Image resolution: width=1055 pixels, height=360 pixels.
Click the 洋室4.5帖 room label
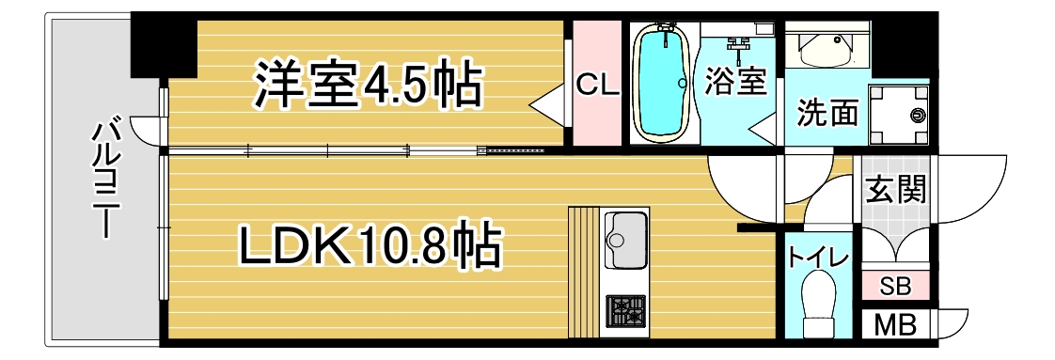pyautogui.click(x=368, y=86)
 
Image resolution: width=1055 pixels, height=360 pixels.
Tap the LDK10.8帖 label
pyautogui.click(x=370, y=247)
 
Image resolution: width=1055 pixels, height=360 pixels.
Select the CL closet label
pyautogui.click(x=597, y=86)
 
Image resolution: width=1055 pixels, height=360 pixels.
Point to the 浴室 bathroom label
pyautogui.click(x=735, y=83)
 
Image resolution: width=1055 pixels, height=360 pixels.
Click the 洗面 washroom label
pyautogui.click(x=828, y=113)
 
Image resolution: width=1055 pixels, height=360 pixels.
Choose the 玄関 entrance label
pyautogui.click(x=895, y=190)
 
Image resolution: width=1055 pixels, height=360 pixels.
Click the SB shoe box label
pyautogui.click(x=895, y=288)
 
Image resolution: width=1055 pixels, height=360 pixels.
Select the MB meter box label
pyautogui.click(x=895, y=326)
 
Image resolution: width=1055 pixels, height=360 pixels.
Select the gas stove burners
pyautogui.click(x=625, y=311)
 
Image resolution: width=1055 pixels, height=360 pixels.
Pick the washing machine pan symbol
pyautogui.click(x=899, y=115)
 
